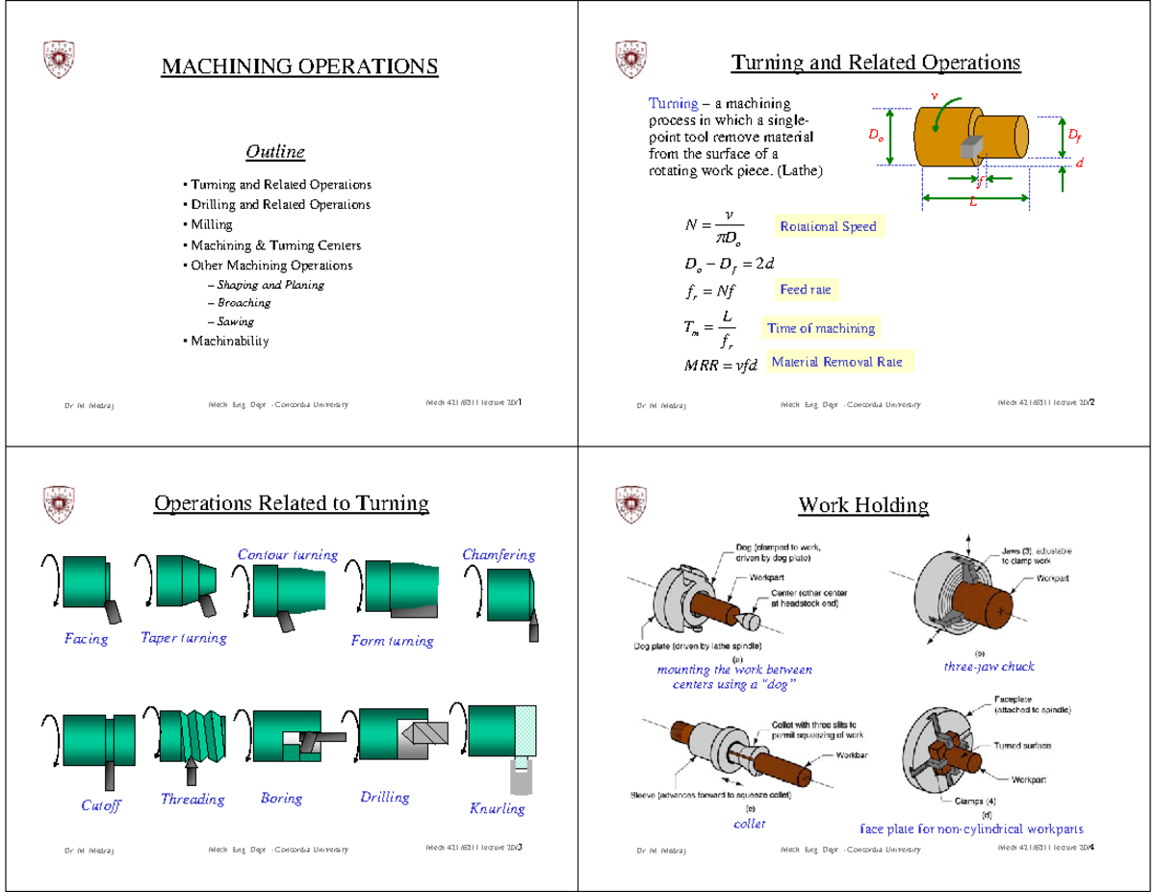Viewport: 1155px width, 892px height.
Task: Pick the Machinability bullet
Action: point(229,342)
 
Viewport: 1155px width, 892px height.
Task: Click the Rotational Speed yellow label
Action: point(828,226)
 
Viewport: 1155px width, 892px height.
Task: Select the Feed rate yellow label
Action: point(806,290)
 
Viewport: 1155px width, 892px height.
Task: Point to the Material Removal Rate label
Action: point(836,363)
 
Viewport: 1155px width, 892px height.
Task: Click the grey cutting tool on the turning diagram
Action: point(970,144)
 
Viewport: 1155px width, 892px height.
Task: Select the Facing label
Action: point(86,639)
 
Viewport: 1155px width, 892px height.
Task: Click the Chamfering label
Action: point(499,555)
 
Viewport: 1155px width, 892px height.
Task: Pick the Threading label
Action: point(192,800)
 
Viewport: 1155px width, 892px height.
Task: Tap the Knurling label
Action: point(498,808)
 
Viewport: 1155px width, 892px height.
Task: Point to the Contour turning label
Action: point(287,555)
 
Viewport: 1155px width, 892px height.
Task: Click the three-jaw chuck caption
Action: point(988,666)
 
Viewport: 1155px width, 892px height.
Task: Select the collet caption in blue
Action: point(750,825)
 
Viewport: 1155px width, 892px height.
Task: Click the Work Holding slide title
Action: point(863,504)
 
